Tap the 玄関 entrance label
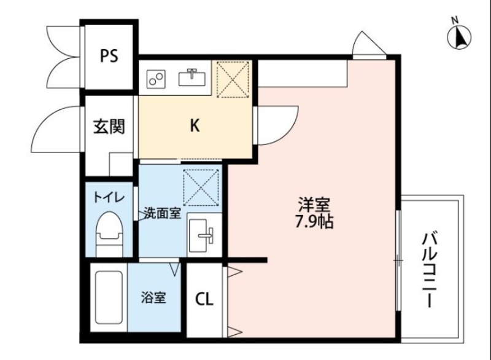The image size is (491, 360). [x=109, y=127]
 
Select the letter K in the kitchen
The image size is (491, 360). [x=194, y=126]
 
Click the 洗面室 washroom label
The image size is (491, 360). [x=162, y=214]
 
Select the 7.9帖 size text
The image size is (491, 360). [x=315, y=222]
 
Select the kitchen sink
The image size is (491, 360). [x=191, y=78]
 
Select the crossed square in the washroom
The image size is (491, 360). [x=202, y=186]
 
